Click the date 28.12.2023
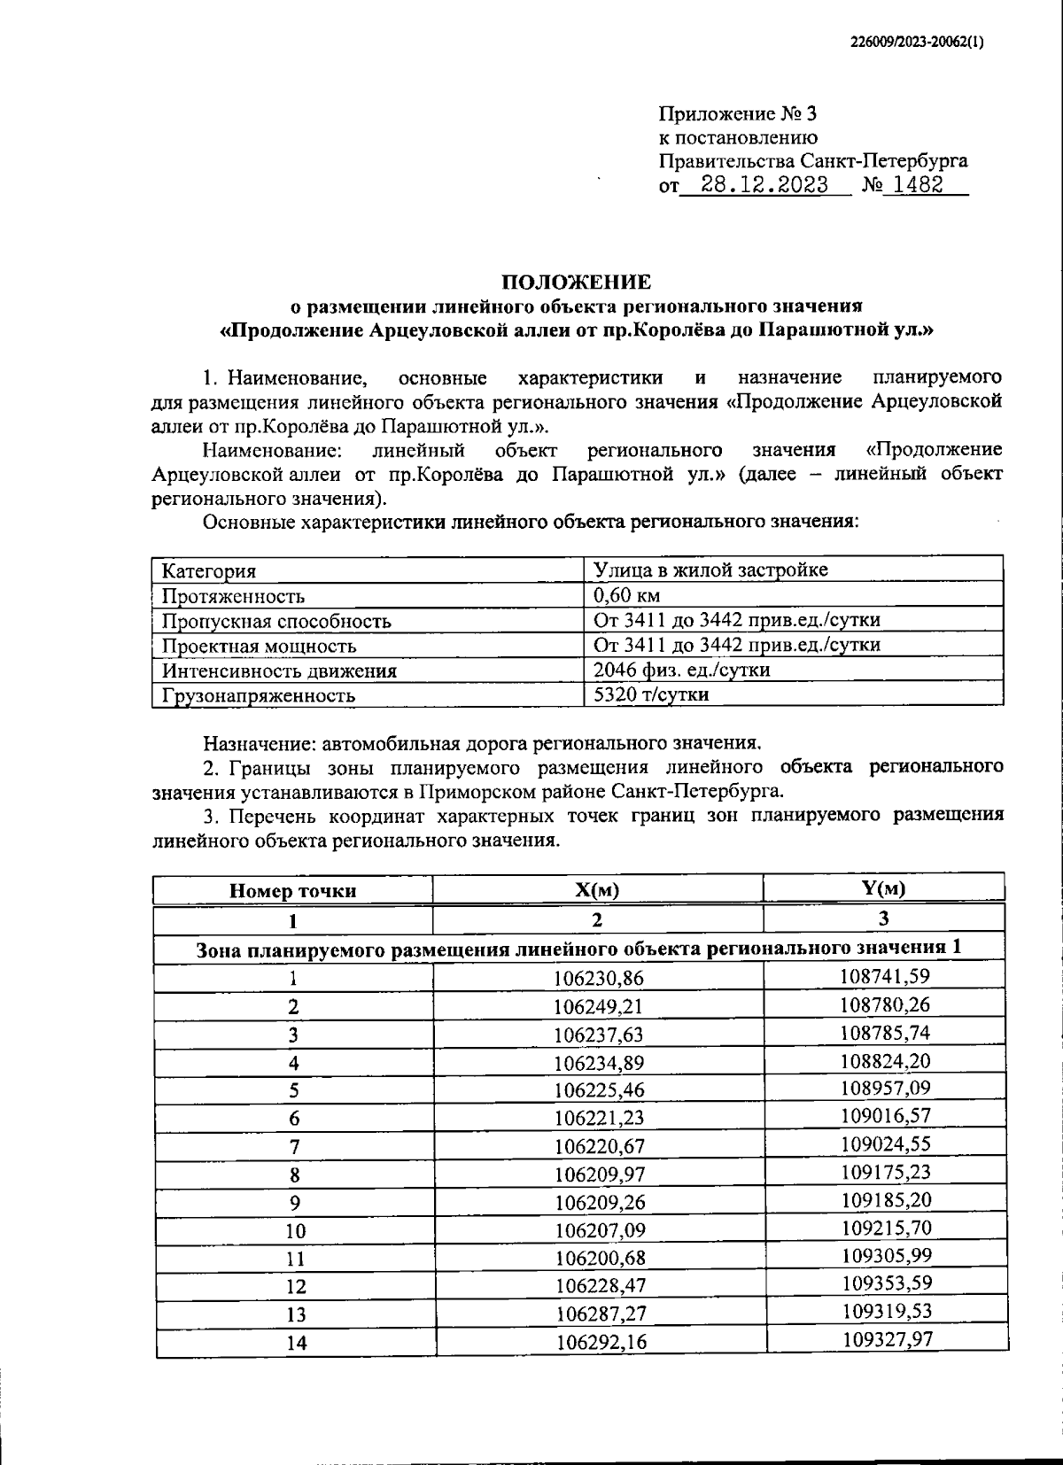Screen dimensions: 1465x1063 pos(764,185)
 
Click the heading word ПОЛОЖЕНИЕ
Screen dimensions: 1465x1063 pos(576,283)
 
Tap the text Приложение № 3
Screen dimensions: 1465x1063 pos(737,114)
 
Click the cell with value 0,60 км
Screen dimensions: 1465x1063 pos(626,595)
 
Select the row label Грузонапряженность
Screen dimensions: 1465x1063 pos(258,695)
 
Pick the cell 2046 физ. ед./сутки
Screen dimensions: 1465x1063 pos(681,670)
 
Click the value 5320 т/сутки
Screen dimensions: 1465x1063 pos(651,694)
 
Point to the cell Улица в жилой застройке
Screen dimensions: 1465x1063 pos(710,570)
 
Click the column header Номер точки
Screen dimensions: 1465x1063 pos(292,891)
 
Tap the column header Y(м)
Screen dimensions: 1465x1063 pos(883,888)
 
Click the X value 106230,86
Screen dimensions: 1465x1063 pos(599,978)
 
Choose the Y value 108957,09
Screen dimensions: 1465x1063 pos(885,1088)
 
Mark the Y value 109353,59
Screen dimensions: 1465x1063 pos(885,1283)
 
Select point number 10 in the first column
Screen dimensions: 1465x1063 pos(295,1231)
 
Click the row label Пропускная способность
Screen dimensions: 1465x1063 pos(275,621)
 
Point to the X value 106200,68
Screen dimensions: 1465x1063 pos(600,1259)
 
